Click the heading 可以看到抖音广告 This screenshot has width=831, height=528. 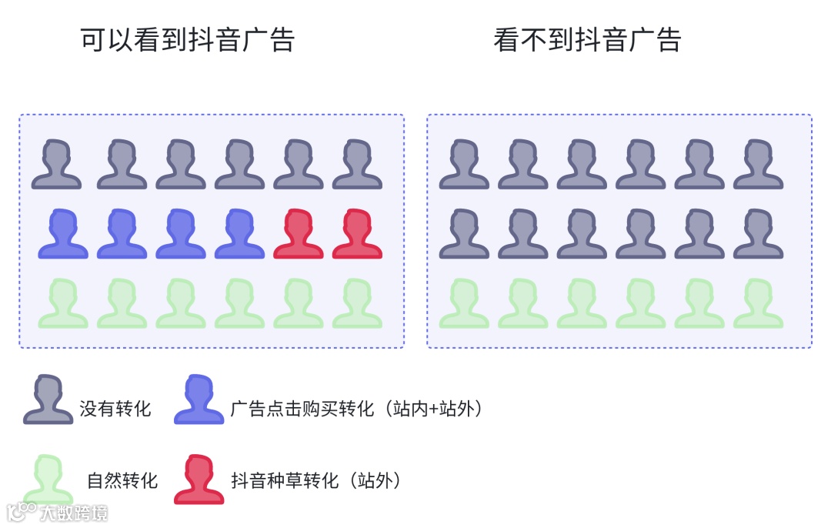coord(187,39)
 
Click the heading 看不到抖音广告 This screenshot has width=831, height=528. coord(587,39)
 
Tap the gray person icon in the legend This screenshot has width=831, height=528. coord(48,399)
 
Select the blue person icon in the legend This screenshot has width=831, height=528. coord(199,399)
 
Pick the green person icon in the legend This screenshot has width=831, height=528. coord(48,479)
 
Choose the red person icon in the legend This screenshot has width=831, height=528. coord(199,479)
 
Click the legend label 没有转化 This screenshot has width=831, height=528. coord(115,409)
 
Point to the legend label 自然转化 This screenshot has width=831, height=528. coord(122,481)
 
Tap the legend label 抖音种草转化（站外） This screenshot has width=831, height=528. coord(316,481)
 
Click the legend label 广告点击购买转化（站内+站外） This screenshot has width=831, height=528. coord(358,409)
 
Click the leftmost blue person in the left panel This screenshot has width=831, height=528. coord(63,234)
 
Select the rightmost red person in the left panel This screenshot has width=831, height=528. coord(357,234)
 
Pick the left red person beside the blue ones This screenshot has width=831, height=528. coord(299,234)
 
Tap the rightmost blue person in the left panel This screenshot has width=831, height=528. coord(239,234)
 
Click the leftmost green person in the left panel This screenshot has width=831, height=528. coord(63,303)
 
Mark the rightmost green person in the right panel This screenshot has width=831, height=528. coord(758,303)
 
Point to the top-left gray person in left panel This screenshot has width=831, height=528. coord(56,164)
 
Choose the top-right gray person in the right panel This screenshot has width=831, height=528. coord(758,164)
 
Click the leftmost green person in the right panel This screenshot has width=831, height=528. coord(464,303)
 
